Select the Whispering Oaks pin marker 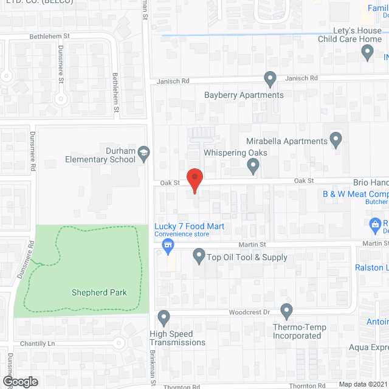tap(255, 165)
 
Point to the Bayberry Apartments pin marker tap(270, 78)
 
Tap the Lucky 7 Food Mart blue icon tap(168, 246)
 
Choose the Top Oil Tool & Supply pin tap(199, 256)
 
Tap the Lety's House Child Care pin tap(367, 53)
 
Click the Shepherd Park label tap(98, 292)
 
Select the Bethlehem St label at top tap(50, 36)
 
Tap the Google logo tap(19, 381)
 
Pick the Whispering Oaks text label tap(231, 153)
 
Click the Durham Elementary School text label tap(100, 156)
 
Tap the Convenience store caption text tap(182, 235)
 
